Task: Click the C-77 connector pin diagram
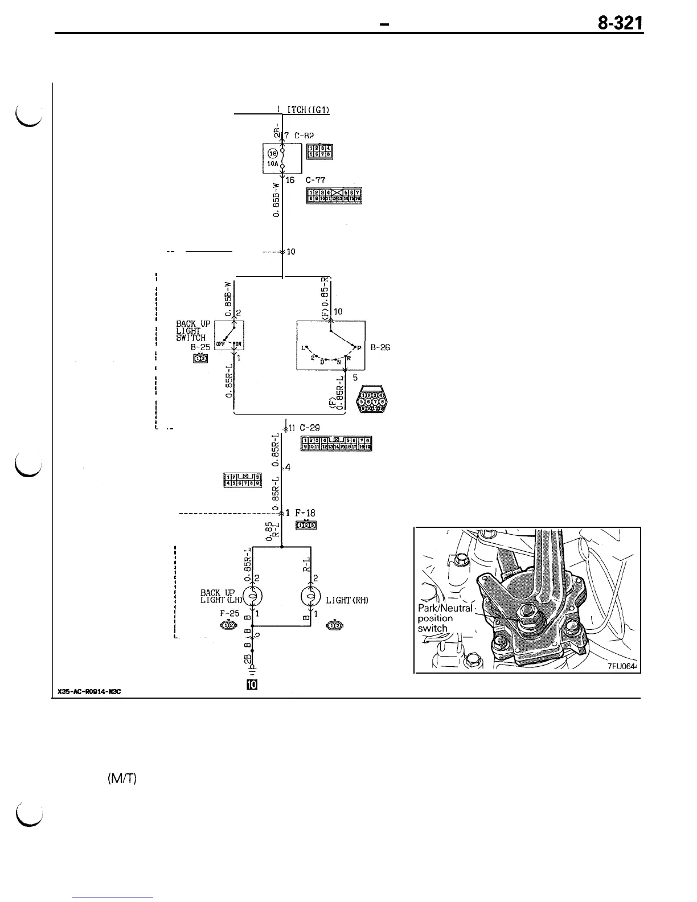coord(335,196)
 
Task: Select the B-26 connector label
coord(380,347)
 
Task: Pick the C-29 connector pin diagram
coord(337,444)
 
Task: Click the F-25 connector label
coord(229,614)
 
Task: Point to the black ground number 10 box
coord(251,684)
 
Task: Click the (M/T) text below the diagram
coord(121,779)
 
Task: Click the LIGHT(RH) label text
coord(347,600)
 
